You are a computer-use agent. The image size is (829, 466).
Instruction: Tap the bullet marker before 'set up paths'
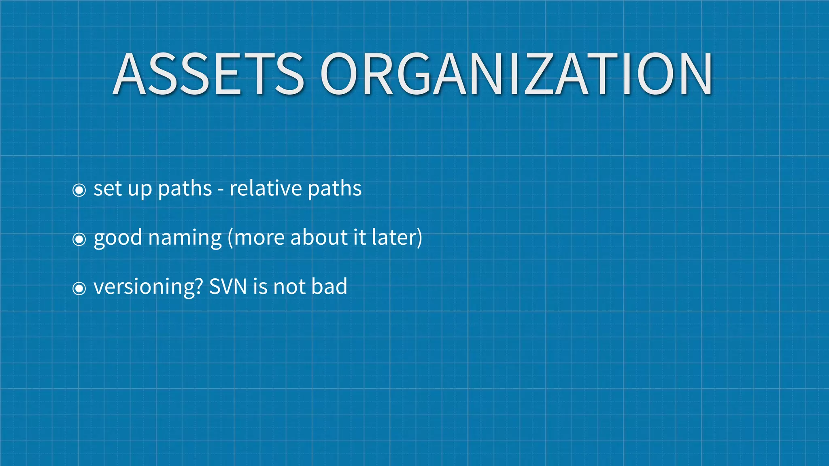point(79,190)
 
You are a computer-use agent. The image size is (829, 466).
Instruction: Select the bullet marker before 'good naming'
point(79,239)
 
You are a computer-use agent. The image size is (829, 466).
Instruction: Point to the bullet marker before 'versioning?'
point(79,288)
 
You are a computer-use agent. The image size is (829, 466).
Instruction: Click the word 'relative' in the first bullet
point(266,189)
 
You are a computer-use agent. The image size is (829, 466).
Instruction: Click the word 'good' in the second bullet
point(117,238)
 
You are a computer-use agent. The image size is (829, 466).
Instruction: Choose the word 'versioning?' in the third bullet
point(148,287)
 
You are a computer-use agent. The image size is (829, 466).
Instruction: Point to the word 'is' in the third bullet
point(260,287)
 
